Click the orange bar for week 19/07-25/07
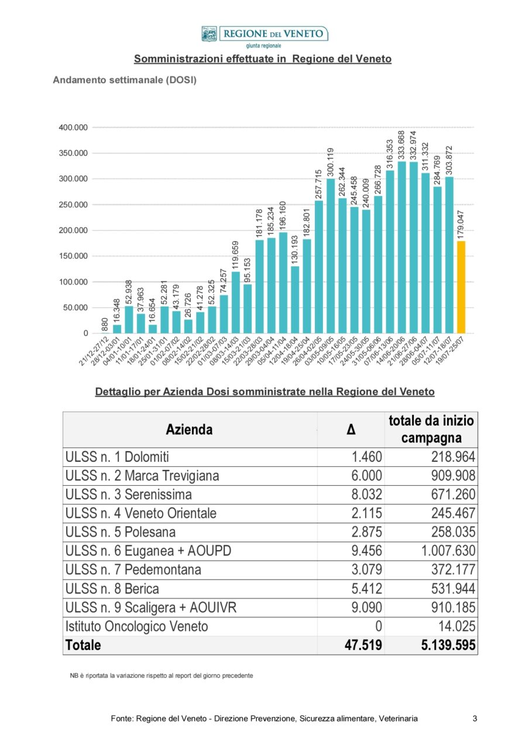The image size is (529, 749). (461, 287)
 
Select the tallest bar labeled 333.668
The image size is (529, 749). (401, 248)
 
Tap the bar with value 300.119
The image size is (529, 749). (331, 256)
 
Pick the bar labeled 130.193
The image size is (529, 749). (295, 300)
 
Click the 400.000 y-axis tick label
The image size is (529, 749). (73, 128)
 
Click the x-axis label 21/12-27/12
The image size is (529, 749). (94, 351)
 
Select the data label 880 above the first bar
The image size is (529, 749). (104, 324)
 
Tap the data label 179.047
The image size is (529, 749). (461, 225)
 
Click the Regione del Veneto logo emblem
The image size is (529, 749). (209, 34)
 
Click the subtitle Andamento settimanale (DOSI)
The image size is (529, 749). (125, 80)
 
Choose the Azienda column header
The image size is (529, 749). (189, 430)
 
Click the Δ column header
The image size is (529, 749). (351, 430)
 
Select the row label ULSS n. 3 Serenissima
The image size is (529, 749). (129, 494)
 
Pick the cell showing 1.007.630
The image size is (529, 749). (448, 551)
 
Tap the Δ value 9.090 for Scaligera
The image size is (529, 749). (366, 607)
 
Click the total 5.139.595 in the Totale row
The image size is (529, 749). (448, 645)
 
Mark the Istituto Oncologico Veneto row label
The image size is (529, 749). (137, 626)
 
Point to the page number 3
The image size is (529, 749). (475, 718)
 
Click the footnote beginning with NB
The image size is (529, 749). (162, 675)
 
